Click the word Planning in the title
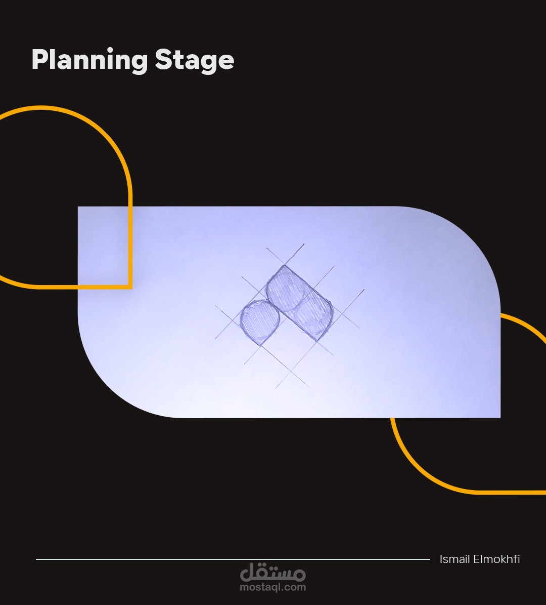click(90, 61)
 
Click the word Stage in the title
click(195, 61)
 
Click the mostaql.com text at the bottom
click(273, 587)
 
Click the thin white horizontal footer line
click(233, 559)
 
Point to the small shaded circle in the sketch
click(260, 321)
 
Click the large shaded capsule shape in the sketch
click(300, 303)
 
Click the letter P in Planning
click(40, 60)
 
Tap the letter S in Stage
click(163, 60)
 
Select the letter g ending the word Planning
click(139, 63)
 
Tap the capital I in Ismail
click(441, 559)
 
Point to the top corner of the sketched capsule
click(284, 265)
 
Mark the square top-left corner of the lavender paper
click(78, 207)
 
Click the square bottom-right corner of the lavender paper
click(500, 418)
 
